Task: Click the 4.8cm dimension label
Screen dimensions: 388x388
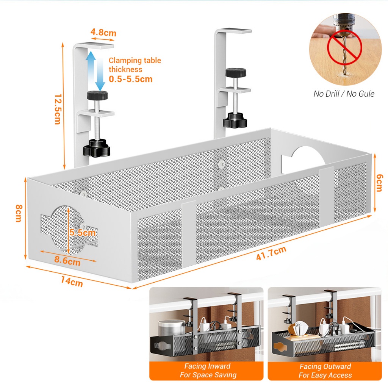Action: (104, 33)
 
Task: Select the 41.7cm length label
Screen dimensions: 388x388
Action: (271, 253)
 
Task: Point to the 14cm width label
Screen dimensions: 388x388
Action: (72, 282)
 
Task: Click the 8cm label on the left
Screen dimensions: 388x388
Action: (18, 214)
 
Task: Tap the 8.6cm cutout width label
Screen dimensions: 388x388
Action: (67, 261)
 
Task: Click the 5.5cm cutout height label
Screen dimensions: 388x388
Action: (82, 233)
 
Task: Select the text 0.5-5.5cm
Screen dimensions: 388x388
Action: (130, 79)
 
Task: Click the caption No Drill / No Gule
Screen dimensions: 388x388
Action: (344, 94)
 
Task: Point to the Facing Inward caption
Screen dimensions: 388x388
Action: (207, 366)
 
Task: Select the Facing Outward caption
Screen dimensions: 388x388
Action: (325, 366)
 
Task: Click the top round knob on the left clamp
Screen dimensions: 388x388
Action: (97, 95)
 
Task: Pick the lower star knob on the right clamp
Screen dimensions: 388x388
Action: (235, 121)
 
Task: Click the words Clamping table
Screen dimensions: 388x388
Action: (135, 61)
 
